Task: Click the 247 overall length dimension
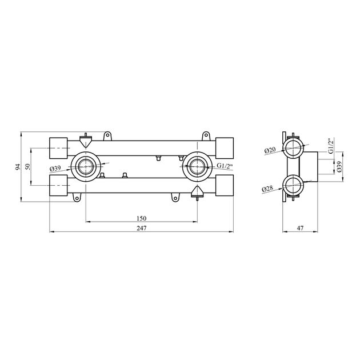tap(142, 228)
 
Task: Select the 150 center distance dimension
tap(142, 218)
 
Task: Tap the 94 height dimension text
tap(18, 167)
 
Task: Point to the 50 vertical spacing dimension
tap(27, 166)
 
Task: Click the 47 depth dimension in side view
tap(301, 228)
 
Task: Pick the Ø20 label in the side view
tap(270, 150)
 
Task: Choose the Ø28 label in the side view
tap(267, 189)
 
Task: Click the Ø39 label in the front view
tap(55, 169)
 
